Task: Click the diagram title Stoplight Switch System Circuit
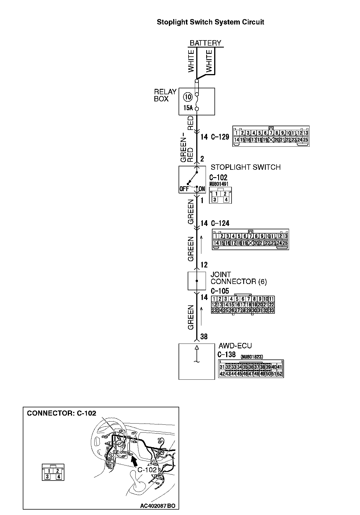(210, 22)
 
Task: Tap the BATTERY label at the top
(205, 43)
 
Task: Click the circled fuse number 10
(188, 97)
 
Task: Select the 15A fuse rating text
(188, 108)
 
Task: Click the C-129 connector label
(220, 137)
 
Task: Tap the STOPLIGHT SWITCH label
(246, 167)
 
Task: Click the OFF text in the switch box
(184, 189)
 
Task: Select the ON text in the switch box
(202, 189)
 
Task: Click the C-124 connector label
(220, 223)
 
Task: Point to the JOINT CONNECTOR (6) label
(239, 278)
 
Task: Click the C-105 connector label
(220, 291)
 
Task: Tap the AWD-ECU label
(235, 346)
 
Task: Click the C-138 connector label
(226, 355)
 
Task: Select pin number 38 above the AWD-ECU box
(204, 337)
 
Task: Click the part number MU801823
(252, 357)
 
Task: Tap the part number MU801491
(218, 184)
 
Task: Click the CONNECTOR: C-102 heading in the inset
(62, 413)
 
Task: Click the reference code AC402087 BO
(157, 506)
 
